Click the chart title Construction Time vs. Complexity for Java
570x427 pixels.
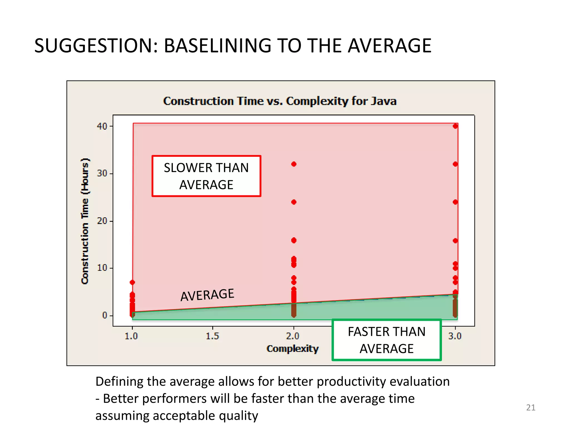[280, 101]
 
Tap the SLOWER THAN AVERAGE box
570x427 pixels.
[206, 176]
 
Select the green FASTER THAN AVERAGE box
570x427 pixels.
[387, 340]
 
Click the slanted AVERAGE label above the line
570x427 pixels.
[207, 295]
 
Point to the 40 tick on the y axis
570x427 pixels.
[102, 126]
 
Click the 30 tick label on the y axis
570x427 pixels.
[102, 173]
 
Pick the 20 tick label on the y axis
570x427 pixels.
[102, 221]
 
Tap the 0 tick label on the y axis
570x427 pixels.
[105, 315]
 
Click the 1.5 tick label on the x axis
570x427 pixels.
[212, 336]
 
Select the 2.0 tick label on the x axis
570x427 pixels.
[293, 336]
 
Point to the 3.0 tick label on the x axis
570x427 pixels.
[455, 336]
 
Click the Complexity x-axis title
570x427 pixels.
[292, 349]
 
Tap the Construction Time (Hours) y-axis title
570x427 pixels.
[85, 221]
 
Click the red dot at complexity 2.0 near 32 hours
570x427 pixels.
[294, 164]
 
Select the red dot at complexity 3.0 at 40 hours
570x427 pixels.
[455, 126]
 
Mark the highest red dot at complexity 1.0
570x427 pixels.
[132, 282]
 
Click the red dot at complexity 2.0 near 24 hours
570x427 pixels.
[294, 202]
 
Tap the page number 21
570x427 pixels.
[530, 408]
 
